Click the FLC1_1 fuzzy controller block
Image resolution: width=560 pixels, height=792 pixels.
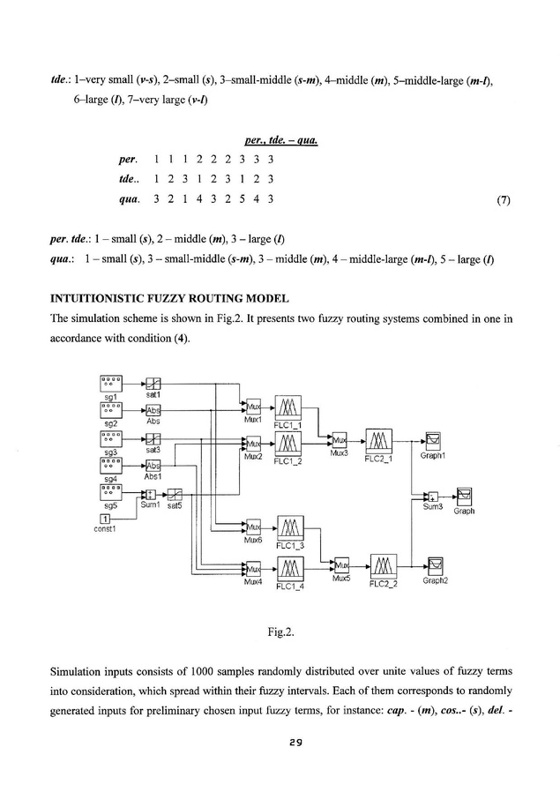[x=288, y=409]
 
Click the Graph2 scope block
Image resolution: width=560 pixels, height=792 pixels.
[x=435, y=564]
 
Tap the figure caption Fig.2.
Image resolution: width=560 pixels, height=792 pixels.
[x=280, y=632]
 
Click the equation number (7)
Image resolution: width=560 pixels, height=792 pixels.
[x=504, y=199]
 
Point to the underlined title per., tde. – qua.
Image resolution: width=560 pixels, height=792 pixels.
[x=280, y=139]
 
